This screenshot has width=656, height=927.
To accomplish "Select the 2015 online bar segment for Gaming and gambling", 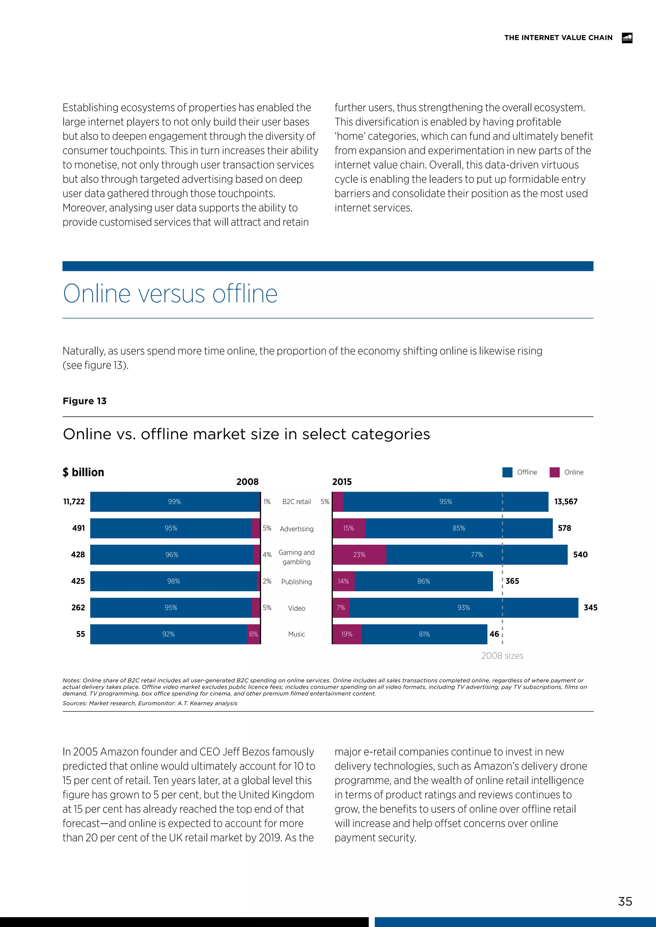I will (x=359, y=554).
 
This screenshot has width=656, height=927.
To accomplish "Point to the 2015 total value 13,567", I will (x=566, y=502).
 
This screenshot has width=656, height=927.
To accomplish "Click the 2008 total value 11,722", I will (x=74, y=502).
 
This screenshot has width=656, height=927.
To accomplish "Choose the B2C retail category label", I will (x=297, y=502).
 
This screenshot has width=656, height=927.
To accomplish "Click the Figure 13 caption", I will (x=85, y=401).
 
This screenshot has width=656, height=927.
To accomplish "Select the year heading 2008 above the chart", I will (x=247, y=482).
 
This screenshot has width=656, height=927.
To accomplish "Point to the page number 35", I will (x=625, y=902).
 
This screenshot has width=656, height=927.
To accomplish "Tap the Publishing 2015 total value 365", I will (x=512, y=581).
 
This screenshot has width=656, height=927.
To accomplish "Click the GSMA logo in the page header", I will (x=627, y=37).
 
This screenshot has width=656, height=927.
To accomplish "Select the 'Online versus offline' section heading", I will (x=170, y=294).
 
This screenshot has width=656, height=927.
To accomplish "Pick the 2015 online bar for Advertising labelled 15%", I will (x=348, y=528).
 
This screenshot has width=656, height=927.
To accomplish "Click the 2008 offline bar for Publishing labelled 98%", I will (x=173, y=581).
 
